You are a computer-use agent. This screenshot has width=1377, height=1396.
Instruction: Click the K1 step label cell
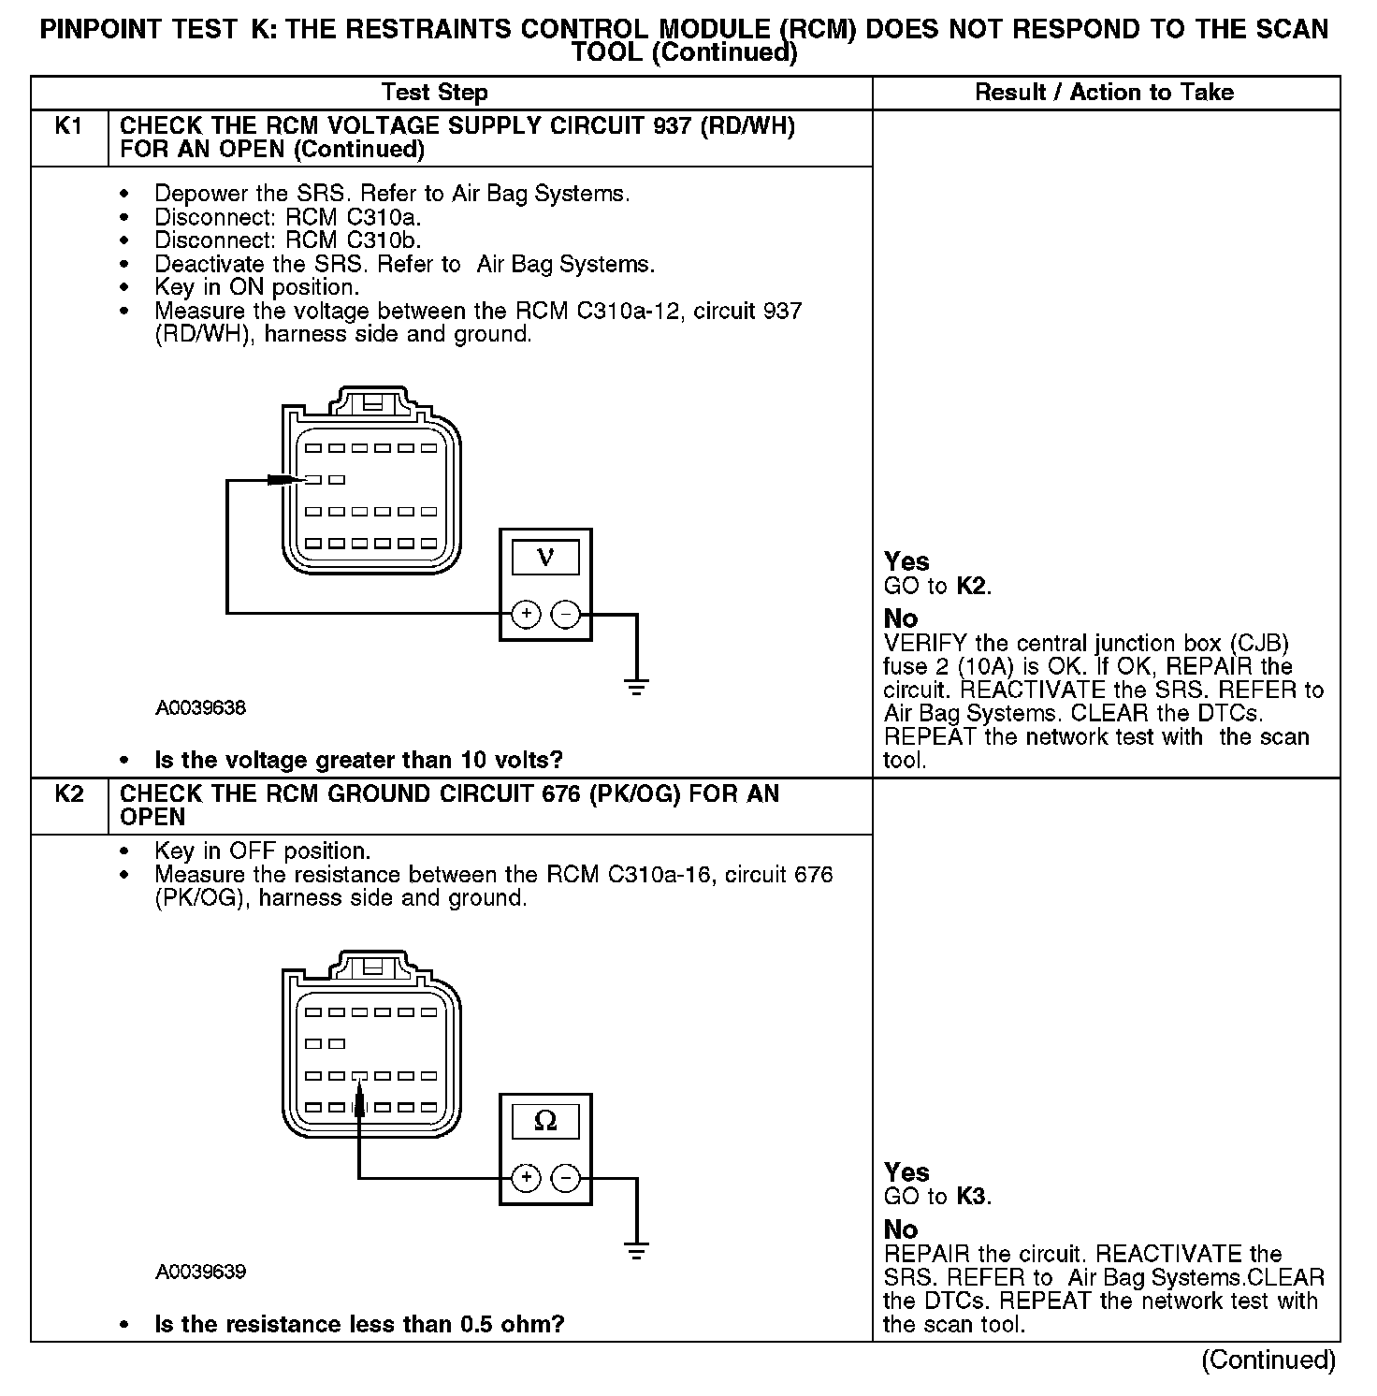(69, 126)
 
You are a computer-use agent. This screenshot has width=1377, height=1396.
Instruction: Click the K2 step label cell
(69, 794)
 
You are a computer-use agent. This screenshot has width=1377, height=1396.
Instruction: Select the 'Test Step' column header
(434, 93)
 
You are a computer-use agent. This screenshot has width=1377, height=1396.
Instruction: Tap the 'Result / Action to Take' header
(1104, 93)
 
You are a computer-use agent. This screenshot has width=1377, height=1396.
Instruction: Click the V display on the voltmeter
(545, 559)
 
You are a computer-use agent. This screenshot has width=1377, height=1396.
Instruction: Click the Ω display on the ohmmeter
(545, 1121)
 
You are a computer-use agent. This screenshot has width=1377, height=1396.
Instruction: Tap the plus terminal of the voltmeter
(527, 614)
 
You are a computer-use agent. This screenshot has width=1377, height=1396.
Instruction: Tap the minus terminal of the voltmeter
(566, 614)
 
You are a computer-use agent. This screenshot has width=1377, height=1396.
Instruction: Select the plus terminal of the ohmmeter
(527, 1177)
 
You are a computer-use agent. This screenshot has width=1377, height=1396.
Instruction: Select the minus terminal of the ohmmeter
(566, 1177)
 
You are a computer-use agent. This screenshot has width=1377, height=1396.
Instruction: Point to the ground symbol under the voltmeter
(636, 688)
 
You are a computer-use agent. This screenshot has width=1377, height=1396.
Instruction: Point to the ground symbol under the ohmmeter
(636, 1251)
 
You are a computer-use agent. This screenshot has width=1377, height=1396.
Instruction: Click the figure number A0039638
(200, 708)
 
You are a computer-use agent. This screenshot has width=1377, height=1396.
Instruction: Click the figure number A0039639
(200, 1272)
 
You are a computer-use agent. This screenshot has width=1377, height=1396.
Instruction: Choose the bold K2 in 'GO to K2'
(973, 587)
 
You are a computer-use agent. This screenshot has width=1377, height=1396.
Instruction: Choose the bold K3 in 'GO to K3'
(973, 1197)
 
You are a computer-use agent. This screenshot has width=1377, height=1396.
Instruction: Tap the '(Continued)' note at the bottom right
(1268, 1360)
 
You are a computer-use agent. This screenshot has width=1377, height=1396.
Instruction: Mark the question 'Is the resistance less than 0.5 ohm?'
(359, 1324)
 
